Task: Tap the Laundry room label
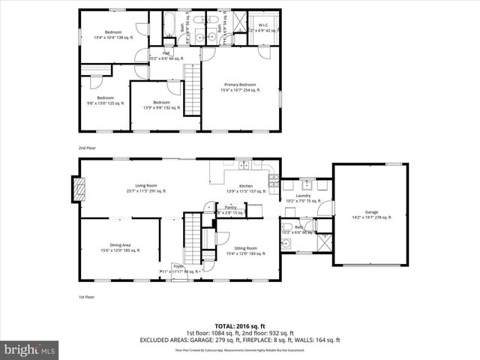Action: click(x=303, y=197)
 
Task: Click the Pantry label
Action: click(x=230, y=209)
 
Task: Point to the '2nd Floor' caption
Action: click(x=87, y=148)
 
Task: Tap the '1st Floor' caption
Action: click(x=87, y=296)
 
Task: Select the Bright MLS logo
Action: click(x=29, y=349)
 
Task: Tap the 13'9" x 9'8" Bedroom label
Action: click(x=162, y=104)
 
